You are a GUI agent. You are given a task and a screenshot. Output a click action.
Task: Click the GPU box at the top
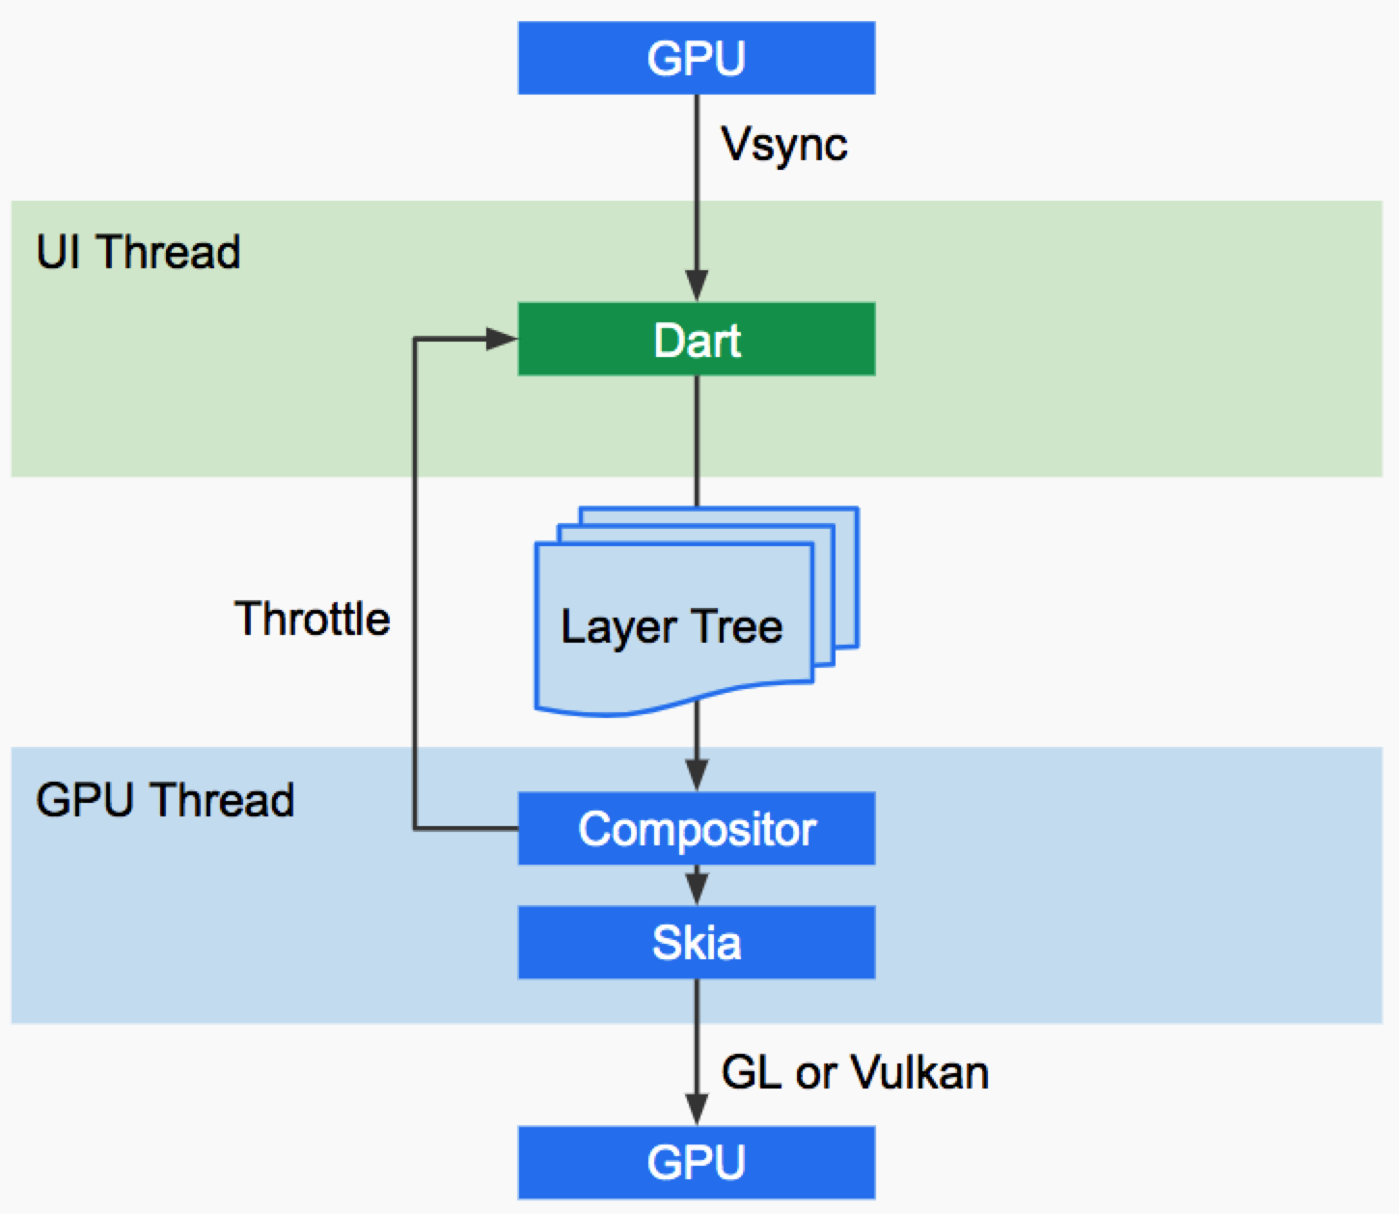pyautogui.click(x=696, y=58)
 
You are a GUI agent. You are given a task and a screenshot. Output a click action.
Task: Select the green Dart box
pyautogui.click(x=696, y=339)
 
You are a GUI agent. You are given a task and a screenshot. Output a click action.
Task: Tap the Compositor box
pyautogui.click(x=696, y=828)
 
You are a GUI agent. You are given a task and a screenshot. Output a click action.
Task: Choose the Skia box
pyautogui.click(x=696, y=943)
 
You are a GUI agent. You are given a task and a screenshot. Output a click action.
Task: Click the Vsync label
pyautogui.click(x=784, y=145)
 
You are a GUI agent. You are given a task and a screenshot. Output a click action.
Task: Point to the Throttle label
pyautogui.click(x=313, y=619)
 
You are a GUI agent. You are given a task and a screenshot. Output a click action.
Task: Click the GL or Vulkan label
pyautogui.click(x=856, y=1072)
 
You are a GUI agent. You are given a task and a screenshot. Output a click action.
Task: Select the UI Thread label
pyautogui.click(x=138, y=252)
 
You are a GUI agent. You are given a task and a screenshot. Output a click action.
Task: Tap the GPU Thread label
pyautogui.click(x=165, y=800)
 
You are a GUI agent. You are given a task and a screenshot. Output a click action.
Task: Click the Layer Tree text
pyautogui.click(x=672, y=627)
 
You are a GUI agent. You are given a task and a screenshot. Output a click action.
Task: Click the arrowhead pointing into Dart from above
pyautogui.click(x=697, y=286)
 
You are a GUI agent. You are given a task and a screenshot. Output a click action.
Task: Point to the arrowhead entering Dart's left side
pyautogui.click(x=502, y=339)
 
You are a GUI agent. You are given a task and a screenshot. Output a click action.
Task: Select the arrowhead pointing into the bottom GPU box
pyautogui.click(x=697, y=1110)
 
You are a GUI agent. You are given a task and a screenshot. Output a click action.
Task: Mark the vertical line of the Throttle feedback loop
pyautogui.click(x=414, y=584)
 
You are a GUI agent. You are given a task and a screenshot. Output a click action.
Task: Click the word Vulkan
pyautogui.click(x=920, y=1072)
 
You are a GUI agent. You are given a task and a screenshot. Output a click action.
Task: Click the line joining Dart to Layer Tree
pyautogui.click(x=697, y=441)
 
